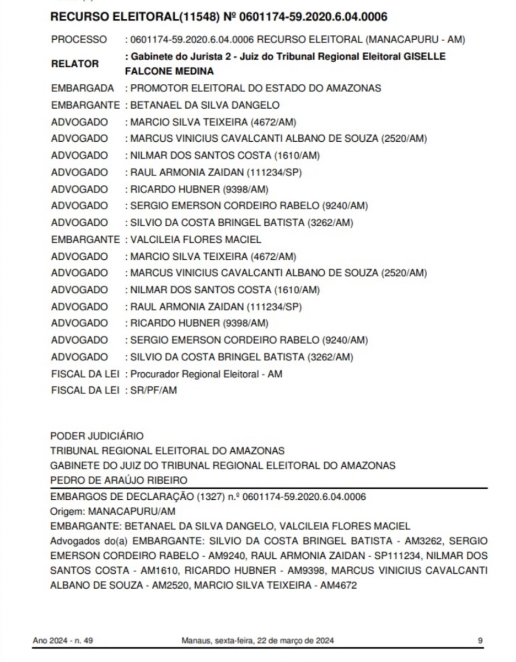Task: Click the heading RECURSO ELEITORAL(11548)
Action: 135,17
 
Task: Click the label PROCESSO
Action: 79,40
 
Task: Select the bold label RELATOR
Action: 75,64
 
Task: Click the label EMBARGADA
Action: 83,88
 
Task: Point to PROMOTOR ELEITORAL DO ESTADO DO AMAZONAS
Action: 255,88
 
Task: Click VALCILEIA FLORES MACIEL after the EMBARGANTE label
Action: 196,239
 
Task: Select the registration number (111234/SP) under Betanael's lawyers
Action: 276,172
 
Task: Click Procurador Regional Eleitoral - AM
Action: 206,374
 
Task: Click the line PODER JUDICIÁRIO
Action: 96,436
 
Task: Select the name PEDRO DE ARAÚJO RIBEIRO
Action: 119,480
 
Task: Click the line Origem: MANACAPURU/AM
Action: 112,511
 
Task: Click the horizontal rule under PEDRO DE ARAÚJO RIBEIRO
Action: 268,488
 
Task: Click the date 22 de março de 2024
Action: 297,640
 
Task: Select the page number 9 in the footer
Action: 480,640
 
